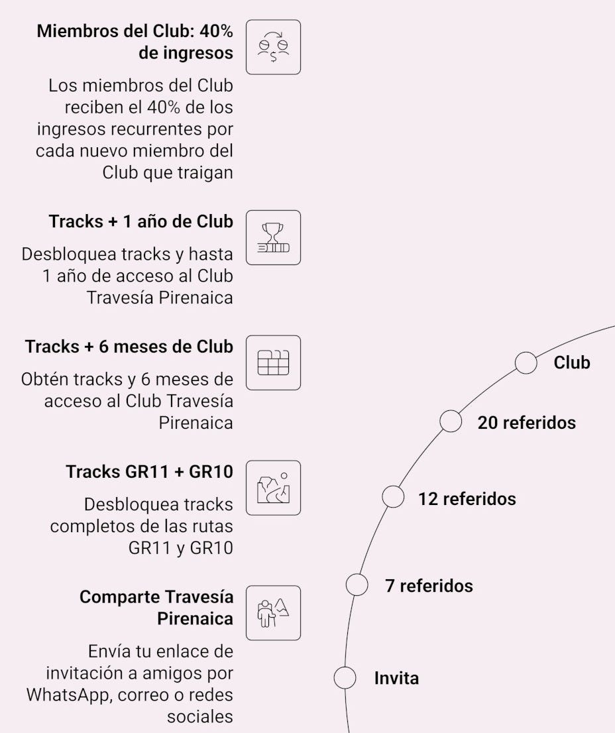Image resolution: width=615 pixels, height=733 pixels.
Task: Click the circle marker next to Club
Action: coord(526,363)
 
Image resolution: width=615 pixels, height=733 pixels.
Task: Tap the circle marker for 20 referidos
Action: coord(451,422)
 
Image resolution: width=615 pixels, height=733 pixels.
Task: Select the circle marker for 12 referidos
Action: coord(393,497)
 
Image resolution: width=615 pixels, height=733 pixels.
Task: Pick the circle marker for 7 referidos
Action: coord(357,585)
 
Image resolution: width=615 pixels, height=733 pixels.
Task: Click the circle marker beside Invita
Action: coord(345,678)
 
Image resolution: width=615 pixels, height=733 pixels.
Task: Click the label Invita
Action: coord(396,679)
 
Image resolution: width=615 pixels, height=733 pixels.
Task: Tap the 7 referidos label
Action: coord(429,586)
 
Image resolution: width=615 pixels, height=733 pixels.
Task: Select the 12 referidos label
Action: coord(467,498)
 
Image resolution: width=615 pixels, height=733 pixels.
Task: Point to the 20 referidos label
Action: coord(526,423)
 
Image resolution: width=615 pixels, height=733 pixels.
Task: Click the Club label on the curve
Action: coord(571,363)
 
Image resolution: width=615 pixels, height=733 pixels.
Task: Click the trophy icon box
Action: coord(273,237)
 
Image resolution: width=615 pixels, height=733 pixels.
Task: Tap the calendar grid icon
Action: coord(273,363)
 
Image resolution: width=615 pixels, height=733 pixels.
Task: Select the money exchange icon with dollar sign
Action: coord(273,47)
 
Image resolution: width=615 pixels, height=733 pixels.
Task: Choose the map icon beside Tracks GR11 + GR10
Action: coord(273,488)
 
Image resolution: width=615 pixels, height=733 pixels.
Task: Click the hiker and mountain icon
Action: coord(273,612)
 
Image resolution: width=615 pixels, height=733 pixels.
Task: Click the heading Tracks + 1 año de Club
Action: coord(140,221)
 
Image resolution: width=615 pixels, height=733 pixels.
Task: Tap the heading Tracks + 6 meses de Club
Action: coord(129,347)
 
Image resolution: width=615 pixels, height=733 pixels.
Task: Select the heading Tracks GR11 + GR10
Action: coord(149,472)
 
